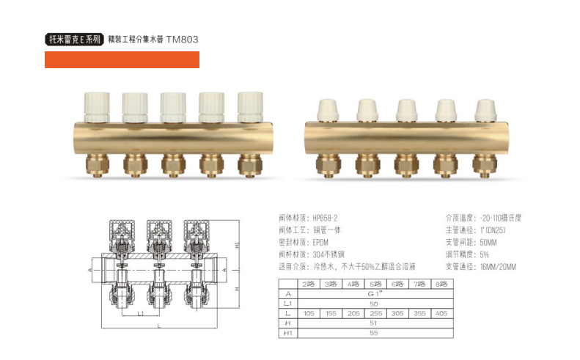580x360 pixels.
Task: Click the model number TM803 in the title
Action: (182, 39)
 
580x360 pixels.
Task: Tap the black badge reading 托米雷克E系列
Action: (74, 39)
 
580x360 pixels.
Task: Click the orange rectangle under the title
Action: (122, 59)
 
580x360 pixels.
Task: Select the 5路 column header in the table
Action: (375, 284)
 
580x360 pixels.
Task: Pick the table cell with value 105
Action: (309, 313)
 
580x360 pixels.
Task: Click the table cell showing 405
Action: (441, 313)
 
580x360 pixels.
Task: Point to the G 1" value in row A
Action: (375, 294)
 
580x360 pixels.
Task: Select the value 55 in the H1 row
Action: (374, 333)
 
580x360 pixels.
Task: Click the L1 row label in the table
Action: (288, 304)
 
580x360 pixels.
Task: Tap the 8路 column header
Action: (441, 284)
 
